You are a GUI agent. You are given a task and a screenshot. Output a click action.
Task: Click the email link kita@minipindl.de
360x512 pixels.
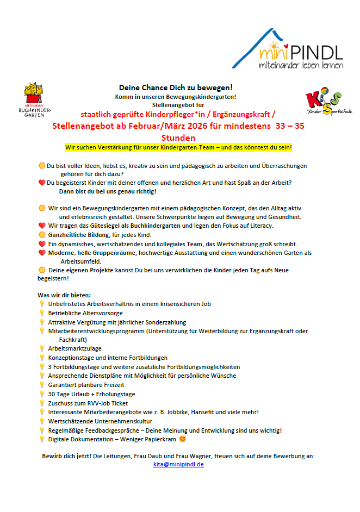(x=178, y=465)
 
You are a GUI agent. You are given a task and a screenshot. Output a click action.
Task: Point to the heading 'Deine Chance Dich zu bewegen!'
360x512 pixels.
(x=176, y=88)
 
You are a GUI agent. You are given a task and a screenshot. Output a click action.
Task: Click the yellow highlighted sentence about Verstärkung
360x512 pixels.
(x=178, y=147)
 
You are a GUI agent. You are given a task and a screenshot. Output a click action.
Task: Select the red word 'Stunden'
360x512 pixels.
(x=178, y=138)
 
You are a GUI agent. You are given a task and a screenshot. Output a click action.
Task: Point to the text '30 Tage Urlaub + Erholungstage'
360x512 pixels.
(x=91, y=394)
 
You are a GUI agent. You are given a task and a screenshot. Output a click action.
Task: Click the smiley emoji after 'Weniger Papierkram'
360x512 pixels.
(x=183, y=439)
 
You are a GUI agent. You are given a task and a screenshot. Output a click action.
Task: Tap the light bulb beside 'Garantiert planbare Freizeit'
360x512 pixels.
(x=41, y=385)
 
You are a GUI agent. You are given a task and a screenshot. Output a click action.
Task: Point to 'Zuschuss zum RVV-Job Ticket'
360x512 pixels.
(x=88, y=403)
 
